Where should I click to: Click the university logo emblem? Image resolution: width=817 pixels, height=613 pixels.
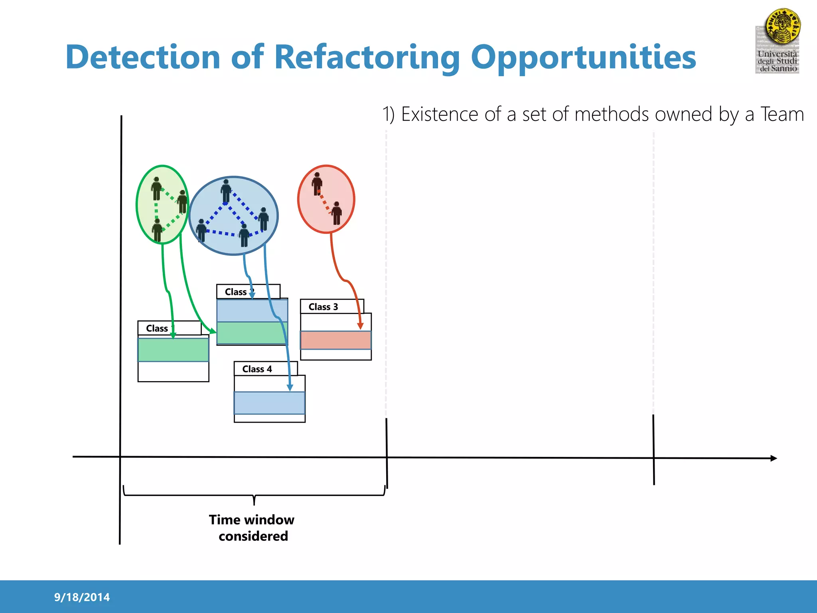tap(782, 27)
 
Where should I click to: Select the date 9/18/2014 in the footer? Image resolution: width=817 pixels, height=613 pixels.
tap(82, 597)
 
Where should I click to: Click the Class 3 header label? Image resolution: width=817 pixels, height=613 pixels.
tap(323, 307)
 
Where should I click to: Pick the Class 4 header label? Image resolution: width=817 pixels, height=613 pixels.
tap(257, 369)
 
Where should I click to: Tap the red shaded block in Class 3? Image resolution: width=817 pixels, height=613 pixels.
tap(335, 340)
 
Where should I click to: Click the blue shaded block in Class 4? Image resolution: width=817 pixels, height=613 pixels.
tap(269, 403)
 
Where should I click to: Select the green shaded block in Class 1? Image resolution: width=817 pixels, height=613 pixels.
tap(173, 350)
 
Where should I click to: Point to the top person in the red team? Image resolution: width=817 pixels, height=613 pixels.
tap(317, 184)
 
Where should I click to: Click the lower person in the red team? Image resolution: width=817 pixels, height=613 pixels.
tap(337, 213)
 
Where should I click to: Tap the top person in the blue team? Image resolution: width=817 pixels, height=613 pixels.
tap(226, 191)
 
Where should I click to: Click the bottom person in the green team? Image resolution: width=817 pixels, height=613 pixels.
tap(157, 230)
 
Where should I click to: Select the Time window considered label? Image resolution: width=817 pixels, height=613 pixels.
tap(252, 528)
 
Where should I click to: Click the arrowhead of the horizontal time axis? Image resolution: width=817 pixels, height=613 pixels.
tap(774, 458)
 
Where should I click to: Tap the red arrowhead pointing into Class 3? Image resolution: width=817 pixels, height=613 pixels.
tap(360, 326)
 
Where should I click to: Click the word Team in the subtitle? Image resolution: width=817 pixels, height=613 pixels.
tap(782, 115)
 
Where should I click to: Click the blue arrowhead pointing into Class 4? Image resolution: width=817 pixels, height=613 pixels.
tap(290, 388)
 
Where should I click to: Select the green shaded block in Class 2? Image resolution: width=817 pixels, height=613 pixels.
tap(251, 333)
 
